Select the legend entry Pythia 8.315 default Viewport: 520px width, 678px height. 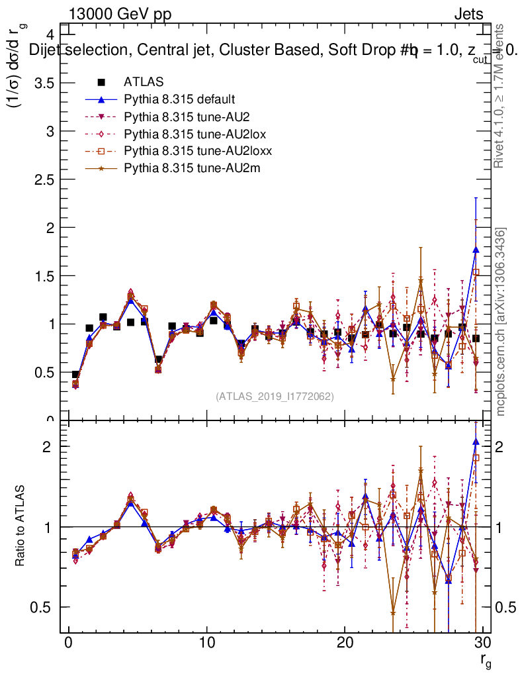[179, 99]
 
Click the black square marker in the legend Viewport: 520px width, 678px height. [101, 82]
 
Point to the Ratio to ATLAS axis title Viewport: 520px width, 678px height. [20, 526]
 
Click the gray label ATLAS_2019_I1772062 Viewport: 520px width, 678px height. [275, 397]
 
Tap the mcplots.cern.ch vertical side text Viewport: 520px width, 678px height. [501, 322]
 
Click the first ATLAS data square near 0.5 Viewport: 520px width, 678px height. [75, 375]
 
